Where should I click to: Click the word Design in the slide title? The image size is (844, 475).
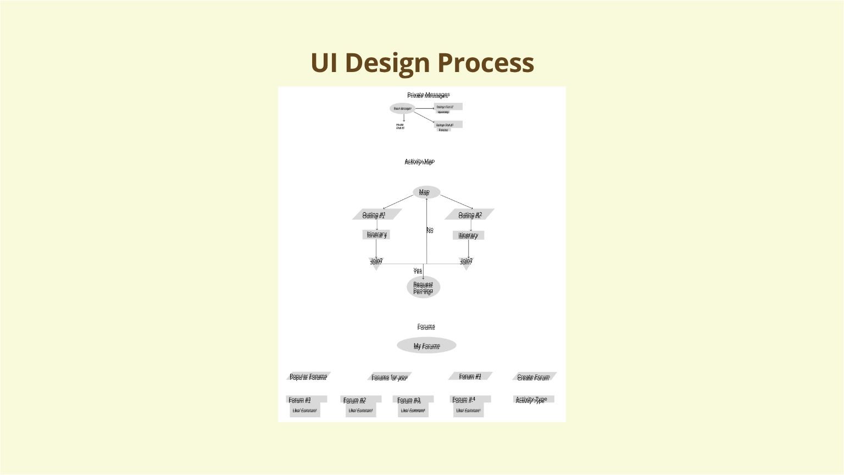tap(388, 63)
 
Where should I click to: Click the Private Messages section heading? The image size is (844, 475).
tap(428, 95)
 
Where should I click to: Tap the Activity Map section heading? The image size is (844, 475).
tap(419, 162)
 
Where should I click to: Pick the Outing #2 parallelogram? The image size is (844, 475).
tap(470, 214)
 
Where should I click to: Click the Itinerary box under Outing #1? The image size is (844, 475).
tap(376, 235)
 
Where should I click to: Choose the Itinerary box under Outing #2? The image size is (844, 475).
tap(468, 235)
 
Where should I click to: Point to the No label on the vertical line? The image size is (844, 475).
tap(430, 230)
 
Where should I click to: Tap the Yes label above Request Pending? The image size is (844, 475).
tap(418, 270)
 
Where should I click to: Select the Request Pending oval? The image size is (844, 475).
tap(423, 288)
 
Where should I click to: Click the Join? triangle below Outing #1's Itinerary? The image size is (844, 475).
tap(376, 262)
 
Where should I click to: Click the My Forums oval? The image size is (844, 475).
tap(426, 346)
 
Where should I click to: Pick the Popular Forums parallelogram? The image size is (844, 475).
tap(308, 377)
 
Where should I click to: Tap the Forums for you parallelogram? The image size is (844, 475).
tap(389, 377)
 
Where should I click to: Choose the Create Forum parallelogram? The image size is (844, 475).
tap(534, 377)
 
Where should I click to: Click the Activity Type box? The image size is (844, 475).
tap(532, 400)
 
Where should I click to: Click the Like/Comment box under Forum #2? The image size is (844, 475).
tap(360, 411)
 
